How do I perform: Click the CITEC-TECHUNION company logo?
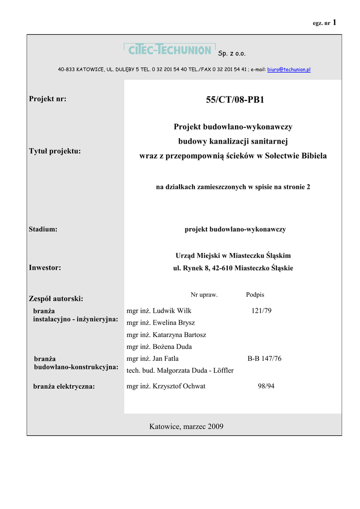[169, 50]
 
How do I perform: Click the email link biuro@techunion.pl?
[289, 70]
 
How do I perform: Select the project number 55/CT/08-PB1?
[235, 100]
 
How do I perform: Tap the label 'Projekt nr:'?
[48, 99]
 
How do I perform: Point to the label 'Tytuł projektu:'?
[55, 151]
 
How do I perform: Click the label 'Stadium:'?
[43, 229]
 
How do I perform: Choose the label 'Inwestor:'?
[45, 267]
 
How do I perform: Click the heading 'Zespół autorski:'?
[56, 299]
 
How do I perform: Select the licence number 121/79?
[262, 311]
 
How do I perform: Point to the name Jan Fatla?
[166, 358]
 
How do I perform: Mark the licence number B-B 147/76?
[265, 358]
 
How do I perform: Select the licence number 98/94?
[266, 386]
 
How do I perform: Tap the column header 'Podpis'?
[255, 295]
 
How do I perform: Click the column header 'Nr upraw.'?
[204, 295]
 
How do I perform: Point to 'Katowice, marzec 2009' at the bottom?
[186, 426]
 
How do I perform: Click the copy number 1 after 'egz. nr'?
[335, 22]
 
